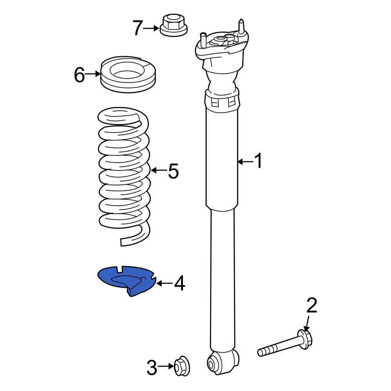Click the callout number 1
(258, 161)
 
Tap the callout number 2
(311, 306)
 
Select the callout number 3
(152, 368)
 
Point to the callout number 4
(179, 283)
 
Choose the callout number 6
(79, 75)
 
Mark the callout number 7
(137, 28)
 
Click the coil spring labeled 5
(123, 176)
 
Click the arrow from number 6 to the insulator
(93, 74)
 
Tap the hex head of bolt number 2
(305, 336)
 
